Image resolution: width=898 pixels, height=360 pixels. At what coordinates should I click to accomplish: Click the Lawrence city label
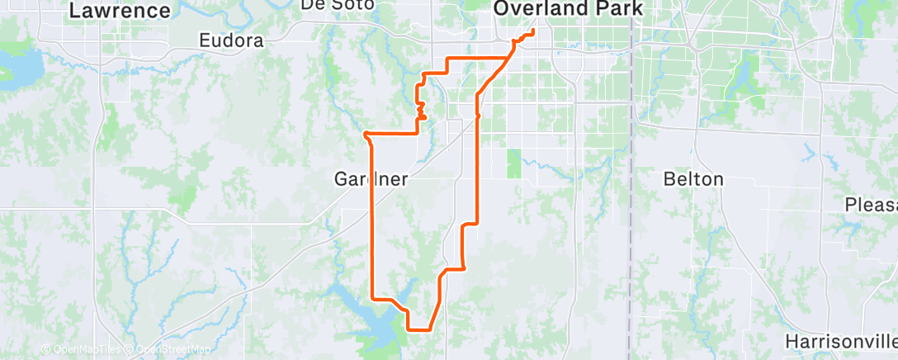tap(120, 11)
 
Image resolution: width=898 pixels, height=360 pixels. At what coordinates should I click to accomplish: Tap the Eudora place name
tap(231, 40)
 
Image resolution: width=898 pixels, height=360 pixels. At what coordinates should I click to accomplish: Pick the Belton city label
tap(693, 178)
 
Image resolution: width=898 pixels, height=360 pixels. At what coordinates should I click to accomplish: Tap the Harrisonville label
tap(840, 341)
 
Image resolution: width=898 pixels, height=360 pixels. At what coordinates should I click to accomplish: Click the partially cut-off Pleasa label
tap(871, 204)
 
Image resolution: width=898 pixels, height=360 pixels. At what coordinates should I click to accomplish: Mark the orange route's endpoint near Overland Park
tap(533, 31)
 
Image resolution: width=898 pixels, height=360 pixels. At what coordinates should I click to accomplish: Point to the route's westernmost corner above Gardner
tap(365, 133)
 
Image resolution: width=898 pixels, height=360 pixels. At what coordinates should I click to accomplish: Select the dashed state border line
tap(631, 206)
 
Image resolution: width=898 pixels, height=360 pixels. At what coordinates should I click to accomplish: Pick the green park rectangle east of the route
tap(514, 163)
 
